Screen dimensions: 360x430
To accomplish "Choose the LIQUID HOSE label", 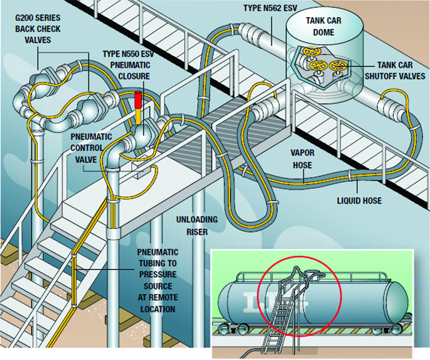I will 360,201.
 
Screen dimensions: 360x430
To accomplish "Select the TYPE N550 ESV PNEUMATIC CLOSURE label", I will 126,65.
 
